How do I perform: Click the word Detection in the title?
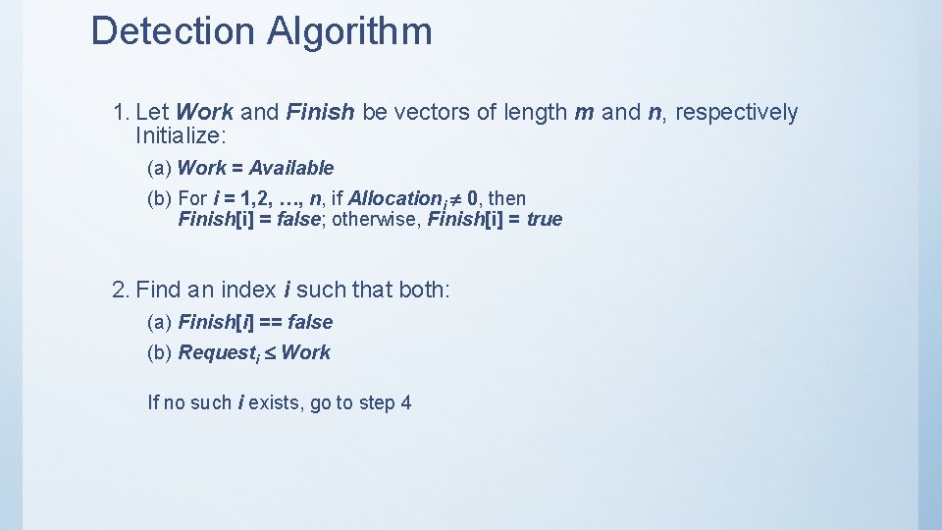click(173, 30)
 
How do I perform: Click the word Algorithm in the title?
click(348, 32)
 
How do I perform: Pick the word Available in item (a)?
click(290, 168)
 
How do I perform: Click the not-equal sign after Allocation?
click(454, 199)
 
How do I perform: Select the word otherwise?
click(374, 219)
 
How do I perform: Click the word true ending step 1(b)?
click(545, 219)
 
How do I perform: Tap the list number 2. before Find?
click(122, 290)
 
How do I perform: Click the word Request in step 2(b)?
click(216, 353)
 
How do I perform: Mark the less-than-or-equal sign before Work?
click(268, 353)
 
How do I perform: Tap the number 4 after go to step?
click(406, 402)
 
